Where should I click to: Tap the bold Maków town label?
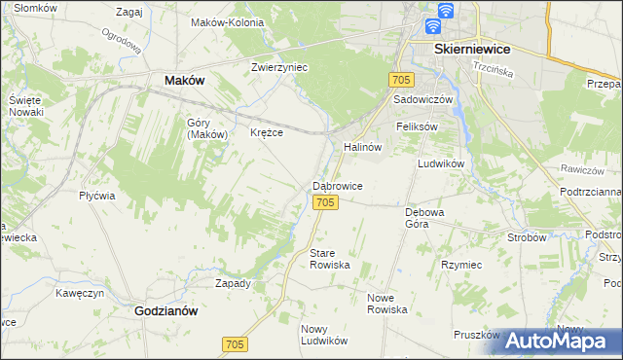pyautogui.click(x=184, y=81)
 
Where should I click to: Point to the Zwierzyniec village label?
pyautogui.click(x=279, y=67)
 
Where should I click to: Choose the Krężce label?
pyautogui.click(x=267, y=132)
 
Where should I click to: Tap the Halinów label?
pyautogui.click(x=361, y=147)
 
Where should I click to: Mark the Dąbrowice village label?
pyautogui.click(x=338, y=185)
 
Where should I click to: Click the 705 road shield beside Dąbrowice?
pyautogui.click(x=326, y=201)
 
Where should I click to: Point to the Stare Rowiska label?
pyautogui.click(x=328, y=259)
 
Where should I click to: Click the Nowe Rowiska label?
pyautogui.click(x=386, y=303)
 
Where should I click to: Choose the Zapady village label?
pyautogui.click(x=233, y=284)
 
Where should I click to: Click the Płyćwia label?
pyautogui.click(x=97, y=196)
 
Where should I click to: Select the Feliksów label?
pyautogui.click(x=418, y=127)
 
